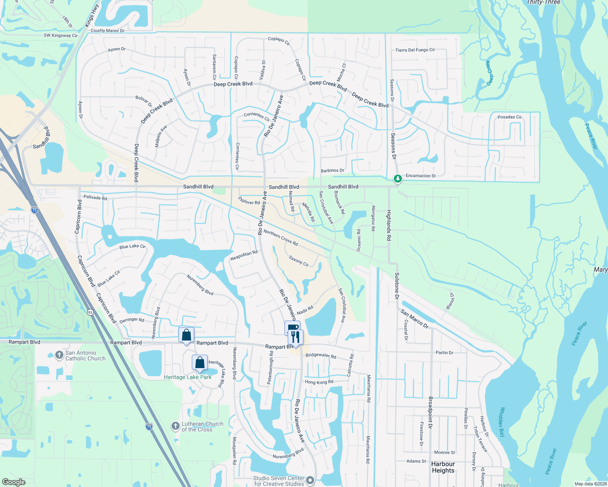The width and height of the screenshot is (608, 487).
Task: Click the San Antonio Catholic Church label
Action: (85, 356)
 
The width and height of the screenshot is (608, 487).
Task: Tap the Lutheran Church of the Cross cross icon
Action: (175, 426)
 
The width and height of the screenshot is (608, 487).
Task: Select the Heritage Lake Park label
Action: (187, 377)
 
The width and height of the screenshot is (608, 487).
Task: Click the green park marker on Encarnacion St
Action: (397, 178)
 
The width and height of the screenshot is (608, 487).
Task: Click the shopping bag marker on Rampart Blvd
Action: (187, 335)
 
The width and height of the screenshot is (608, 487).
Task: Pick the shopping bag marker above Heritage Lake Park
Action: (200, 362)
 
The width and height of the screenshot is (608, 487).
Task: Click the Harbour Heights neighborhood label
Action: (443, 467)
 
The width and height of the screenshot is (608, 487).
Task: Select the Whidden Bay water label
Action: (502, 422)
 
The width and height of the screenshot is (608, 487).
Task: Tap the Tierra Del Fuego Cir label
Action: (415, 50)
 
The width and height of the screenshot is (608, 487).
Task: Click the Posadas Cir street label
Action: (510, 117)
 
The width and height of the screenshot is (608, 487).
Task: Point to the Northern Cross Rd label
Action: (281, 237)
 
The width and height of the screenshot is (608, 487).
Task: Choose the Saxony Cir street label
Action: (299, 261)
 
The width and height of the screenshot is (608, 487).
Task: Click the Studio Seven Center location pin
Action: (310, 481)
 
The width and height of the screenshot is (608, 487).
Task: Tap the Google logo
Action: (13, 482)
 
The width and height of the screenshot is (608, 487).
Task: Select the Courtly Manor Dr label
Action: (108, 30)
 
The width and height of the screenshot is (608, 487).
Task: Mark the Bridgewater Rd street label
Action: (321, 356)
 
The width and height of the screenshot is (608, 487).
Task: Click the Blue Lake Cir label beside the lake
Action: (132, 246)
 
